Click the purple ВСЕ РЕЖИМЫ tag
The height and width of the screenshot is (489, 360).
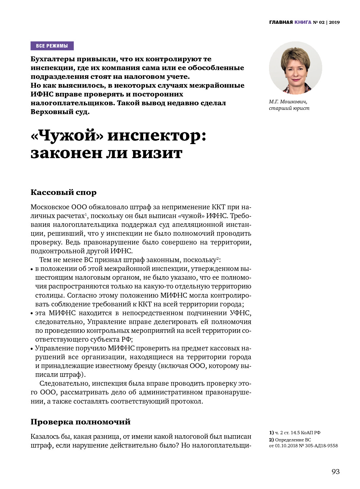(x=52, y=46)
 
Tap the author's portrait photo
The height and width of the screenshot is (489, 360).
(x=295, y=68)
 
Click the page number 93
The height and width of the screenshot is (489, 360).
(x=336, y=472)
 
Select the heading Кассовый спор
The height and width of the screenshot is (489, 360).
(x=64, y=192)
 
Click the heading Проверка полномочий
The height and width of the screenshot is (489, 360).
(x=81, y=422)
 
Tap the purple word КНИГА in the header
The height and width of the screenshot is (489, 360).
(x=303, y=22)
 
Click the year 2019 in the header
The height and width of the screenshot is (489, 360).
(x=334, y=22)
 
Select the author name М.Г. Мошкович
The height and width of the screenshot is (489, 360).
(x=288, y=102)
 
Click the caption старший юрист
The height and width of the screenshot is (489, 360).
(x=289, y=108)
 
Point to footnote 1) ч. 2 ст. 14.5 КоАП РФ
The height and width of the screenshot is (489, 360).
(x=295, y=433)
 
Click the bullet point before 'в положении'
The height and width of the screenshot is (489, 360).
(x=32, y=269)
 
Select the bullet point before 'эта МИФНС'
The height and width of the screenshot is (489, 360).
(x=32, y=314)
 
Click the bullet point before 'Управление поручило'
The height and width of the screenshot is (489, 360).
(x=32, y=349)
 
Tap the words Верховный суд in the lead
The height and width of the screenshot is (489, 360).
(x=59, y=112)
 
